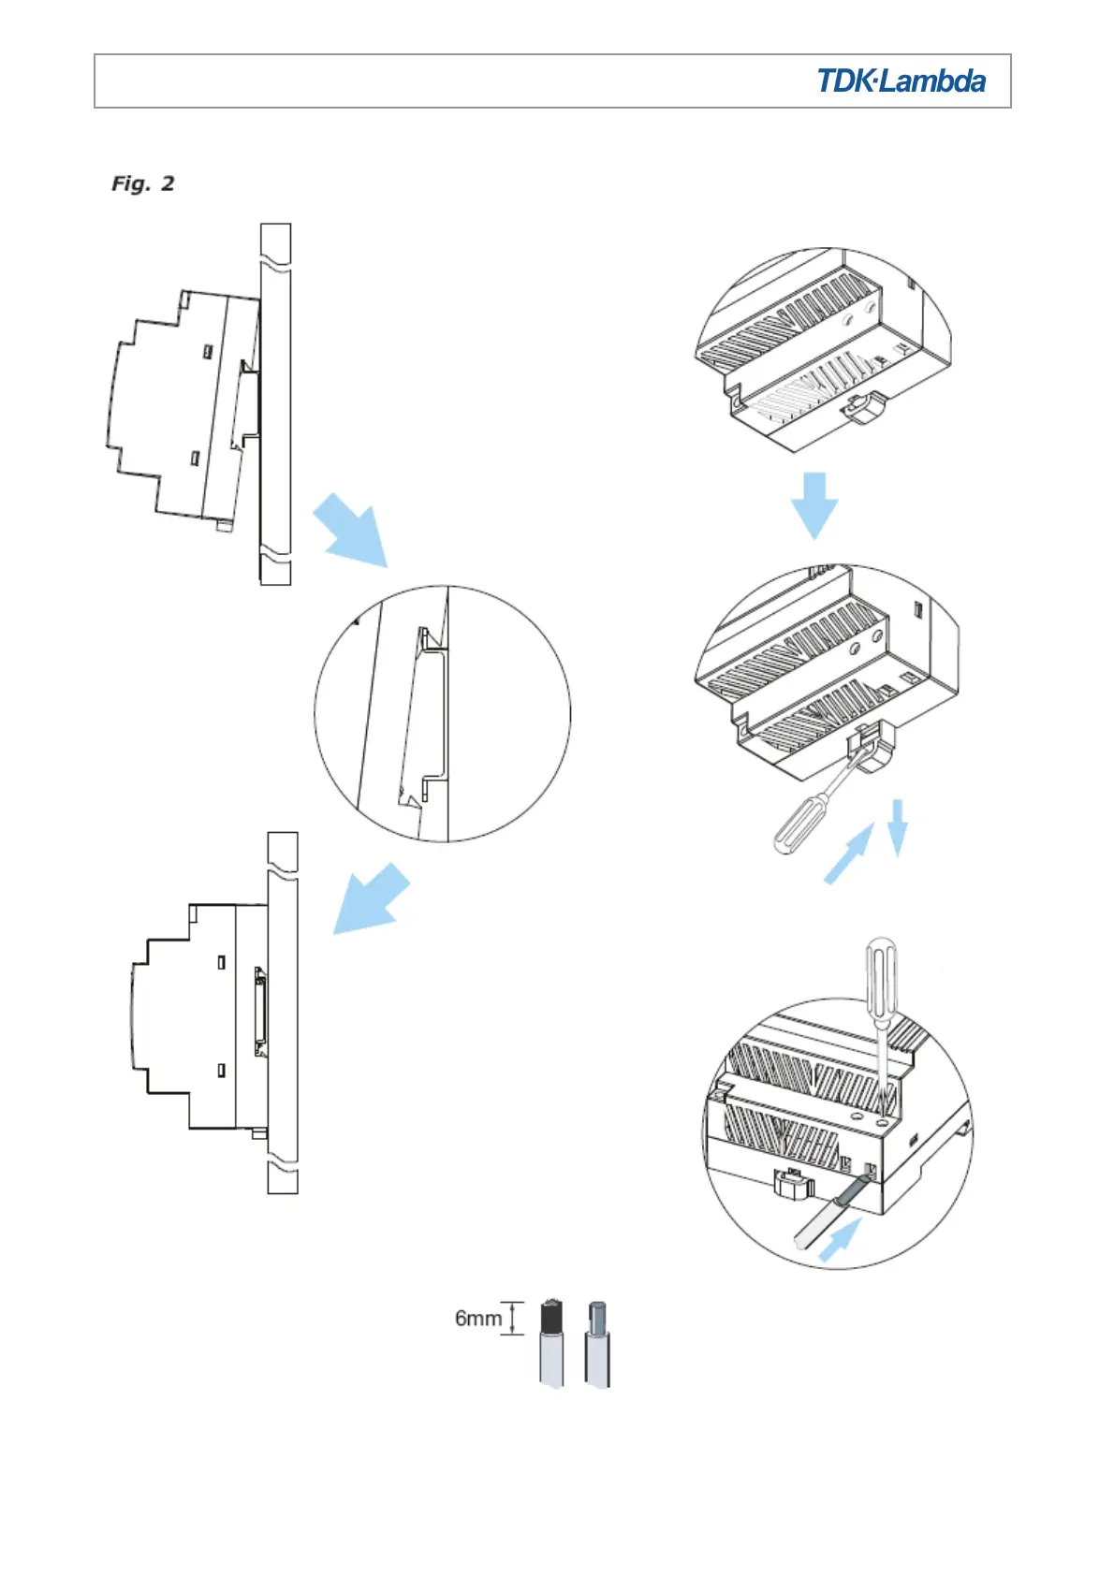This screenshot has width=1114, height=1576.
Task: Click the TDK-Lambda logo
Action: coord(901,81)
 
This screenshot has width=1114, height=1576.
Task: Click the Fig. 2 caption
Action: coord(143,183)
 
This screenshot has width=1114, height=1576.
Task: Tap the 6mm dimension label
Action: coord(477,1318)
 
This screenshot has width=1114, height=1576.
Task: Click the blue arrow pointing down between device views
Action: coord(814,503)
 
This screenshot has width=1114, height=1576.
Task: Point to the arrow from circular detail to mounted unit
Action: coord(372,898)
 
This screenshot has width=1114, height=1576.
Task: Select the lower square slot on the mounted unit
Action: coord(222,1070)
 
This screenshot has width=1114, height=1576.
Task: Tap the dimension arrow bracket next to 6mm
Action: coord(513,1318)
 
